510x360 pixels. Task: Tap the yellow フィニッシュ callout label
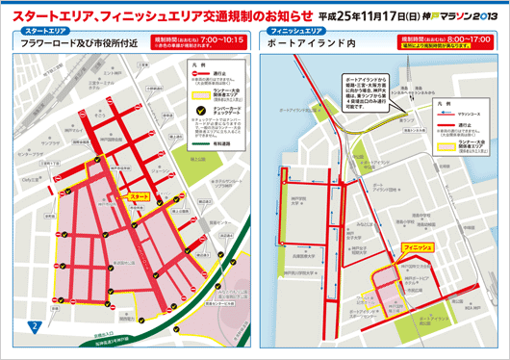421,247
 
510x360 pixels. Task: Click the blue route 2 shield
34,329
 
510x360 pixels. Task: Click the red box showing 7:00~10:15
196,41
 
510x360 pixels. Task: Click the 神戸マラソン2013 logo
459,15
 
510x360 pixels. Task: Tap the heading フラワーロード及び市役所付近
72,43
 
